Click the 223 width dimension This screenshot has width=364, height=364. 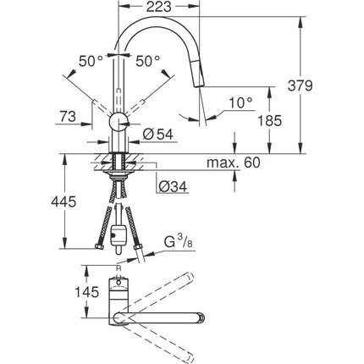pyautogui.click(x=159, y=7)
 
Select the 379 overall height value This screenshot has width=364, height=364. pyautogui.click(x=301, y=85)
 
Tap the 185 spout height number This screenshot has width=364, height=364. pyautogui.click(x=270, y=120)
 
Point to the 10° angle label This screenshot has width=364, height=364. pyautogui.click(x=240, y=102)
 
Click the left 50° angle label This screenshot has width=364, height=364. pyautogui.click(x=91, y=61)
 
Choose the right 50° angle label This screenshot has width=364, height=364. pyautogui.click(x=148, y=61)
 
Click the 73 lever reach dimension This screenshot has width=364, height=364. pyautogui.click(x=68, y=116)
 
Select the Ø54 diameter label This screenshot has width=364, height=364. pyautogui.click(x=157, y=135)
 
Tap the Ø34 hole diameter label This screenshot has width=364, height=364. pyautogui.click(x=173, y=186)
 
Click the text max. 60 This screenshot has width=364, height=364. pyautogui.click(x=233, y=163)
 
